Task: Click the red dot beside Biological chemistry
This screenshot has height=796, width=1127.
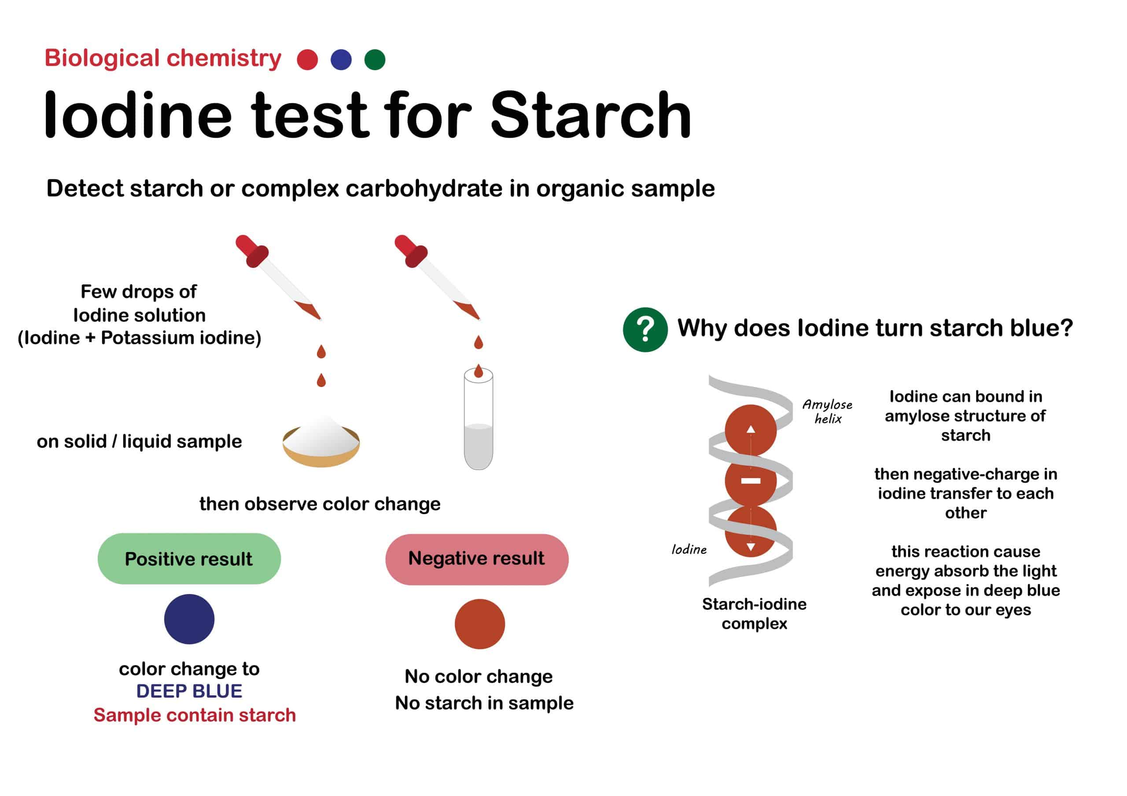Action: pos(307,60)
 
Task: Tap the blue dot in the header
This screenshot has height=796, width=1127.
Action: pos(341,60)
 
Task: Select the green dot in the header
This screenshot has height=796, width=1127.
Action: pos(375,60)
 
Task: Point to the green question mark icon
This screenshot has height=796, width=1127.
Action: pos(645,329)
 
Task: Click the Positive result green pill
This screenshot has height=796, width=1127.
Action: pos(189,559)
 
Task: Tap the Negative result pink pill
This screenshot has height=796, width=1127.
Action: pos(477,559)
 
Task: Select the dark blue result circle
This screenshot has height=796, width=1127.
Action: pos(189,619)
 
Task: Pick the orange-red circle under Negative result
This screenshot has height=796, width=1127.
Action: pos(479,624)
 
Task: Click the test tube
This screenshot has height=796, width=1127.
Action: pos(479,420)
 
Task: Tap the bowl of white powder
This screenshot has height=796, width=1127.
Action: pos(321,442)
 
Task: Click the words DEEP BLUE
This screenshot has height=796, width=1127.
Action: pos(189,691)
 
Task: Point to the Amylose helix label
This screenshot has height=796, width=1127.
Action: pos(828,412)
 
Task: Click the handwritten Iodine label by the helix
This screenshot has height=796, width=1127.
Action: pos(689,550)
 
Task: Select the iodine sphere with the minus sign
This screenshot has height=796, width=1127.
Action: pos(751,481)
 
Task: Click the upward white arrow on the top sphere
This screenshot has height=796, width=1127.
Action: pos(751,429)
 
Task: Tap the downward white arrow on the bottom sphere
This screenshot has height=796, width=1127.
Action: pos(751,546)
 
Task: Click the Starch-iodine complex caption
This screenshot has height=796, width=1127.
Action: pos(755,613)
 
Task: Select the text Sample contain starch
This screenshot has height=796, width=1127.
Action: pos(195,715)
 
